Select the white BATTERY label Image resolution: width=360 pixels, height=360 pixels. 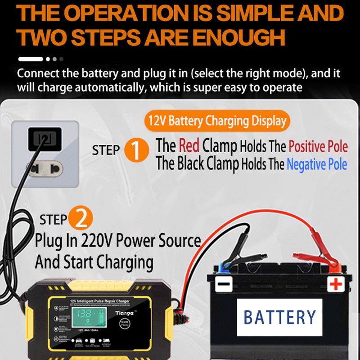[280, 316]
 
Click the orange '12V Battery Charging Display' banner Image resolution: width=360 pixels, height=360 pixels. [217, 121]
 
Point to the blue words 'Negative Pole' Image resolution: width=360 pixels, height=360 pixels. [317, 164]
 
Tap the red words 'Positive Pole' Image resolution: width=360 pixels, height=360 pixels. [318, 146]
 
